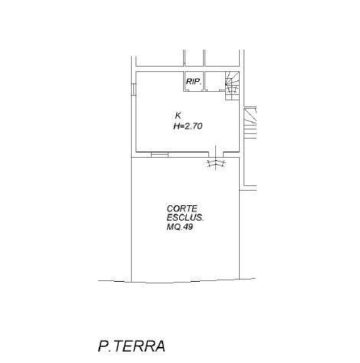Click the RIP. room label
(x=194, y=82)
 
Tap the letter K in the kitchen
(x=178, y=116)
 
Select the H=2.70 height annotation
(x=188, y=126)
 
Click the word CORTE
(x=182, y=208)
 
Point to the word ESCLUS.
(x=185, y=217)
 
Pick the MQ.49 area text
(x=179, y=227)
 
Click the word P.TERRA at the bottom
(x=132, y=346)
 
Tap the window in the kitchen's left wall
(x=133, y=90)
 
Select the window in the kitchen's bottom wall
(x=159, y=155)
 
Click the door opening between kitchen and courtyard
(x=216, y=155)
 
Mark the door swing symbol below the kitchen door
(x=217, y=163)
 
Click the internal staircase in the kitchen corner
(x=232, y=86)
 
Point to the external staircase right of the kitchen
(x=250, y=123)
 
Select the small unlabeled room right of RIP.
(x=214, y=81)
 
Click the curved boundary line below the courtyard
(x=177, y=282)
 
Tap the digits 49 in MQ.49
(x=188, y=227)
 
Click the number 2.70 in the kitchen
(x=194, y=126)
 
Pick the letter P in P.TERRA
(x=103, y=346)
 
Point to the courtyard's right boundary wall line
(x=240, y=218)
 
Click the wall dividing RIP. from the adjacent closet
(x=205, y=81)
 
